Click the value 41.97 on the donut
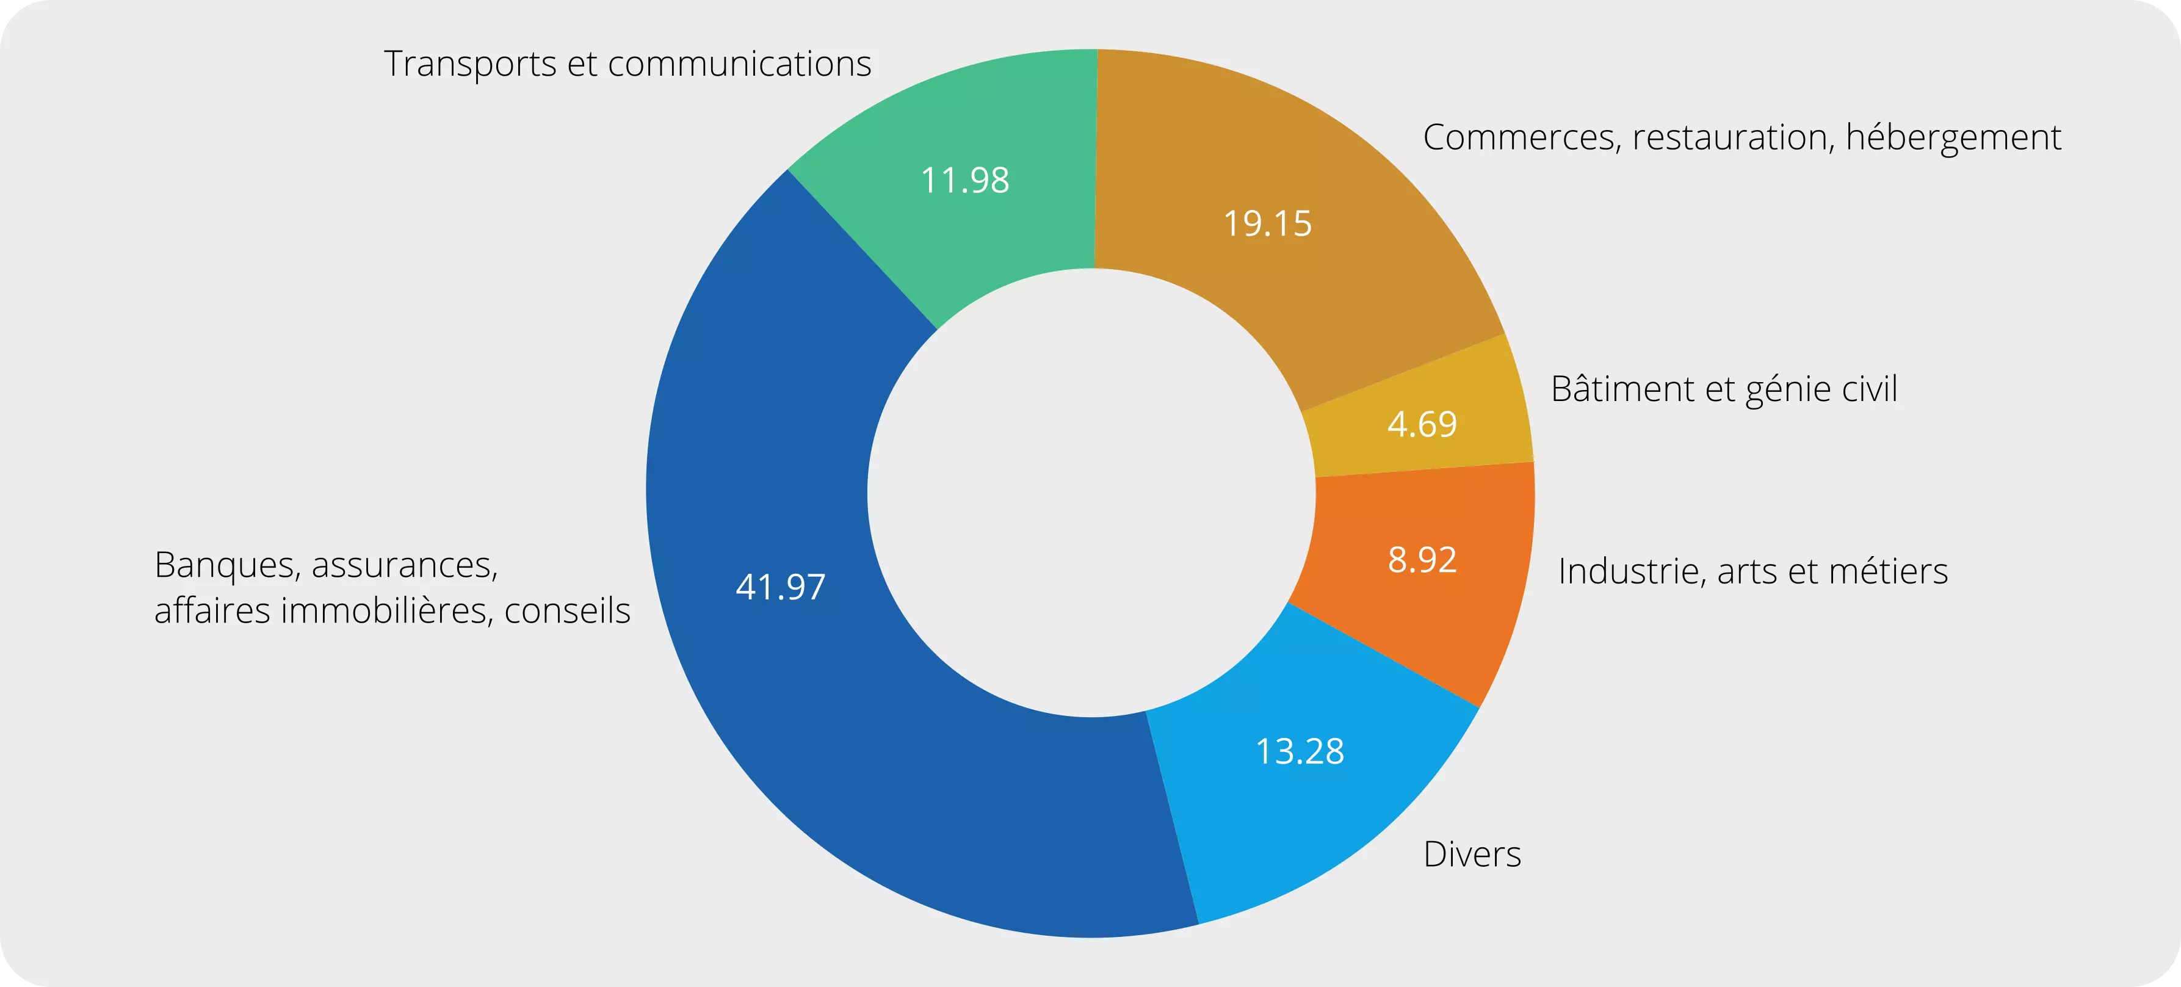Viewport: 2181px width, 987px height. point(779,587)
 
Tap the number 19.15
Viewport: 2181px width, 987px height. point(1267,223)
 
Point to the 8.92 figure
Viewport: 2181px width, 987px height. point(1422,560)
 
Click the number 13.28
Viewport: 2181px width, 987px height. point(1299,751)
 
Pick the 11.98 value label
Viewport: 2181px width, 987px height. point(964,180)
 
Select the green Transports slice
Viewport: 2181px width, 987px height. point(999,237)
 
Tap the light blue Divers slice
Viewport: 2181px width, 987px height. point(1321,812)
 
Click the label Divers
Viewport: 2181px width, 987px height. point(1472,854)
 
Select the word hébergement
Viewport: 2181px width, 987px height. point(1953,138)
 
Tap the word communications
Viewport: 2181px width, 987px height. point(739,64)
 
